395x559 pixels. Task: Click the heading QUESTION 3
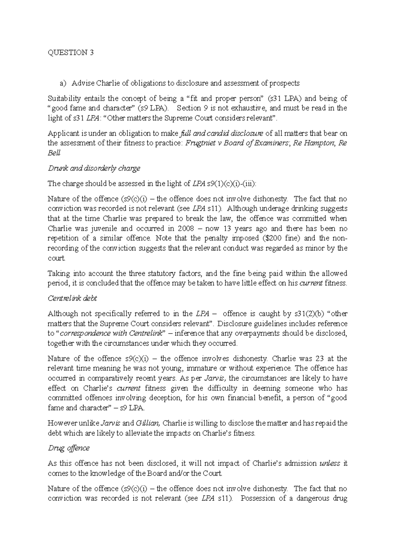point(71,53)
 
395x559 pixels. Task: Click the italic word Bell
point(54,153)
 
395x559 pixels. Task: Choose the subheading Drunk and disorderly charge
point(94,168)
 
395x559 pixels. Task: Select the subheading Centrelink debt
point(72,298)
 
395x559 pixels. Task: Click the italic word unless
point(330,463)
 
